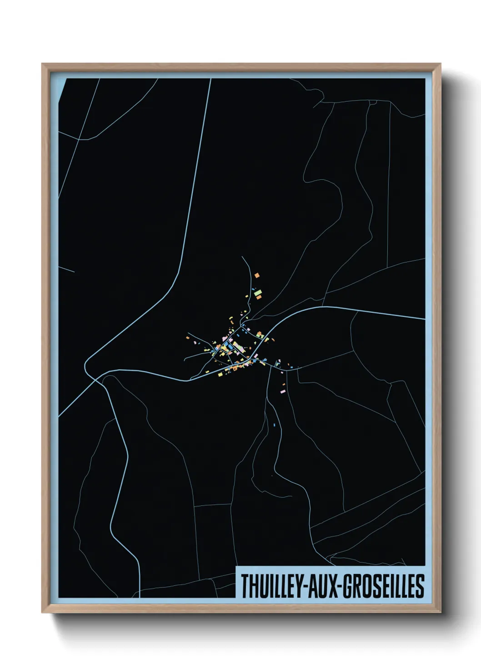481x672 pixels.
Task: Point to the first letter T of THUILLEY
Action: click(245, 586)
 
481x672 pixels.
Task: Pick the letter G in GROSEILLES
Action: click(346, 586)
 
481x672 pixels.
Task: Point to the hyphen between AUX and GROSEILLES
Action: click(337, 587)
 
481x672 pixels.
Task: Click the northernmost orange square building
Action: click(257, 275)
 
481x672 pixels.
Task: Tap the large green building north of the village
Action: click(258, 292)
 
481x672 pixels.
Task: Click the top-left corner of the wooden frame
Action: click(42, 64)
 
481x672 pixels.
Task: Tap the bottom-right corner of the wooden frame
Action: click(441, 613)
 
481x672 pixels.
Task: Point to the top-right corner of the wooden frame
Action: click(441, 64)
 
